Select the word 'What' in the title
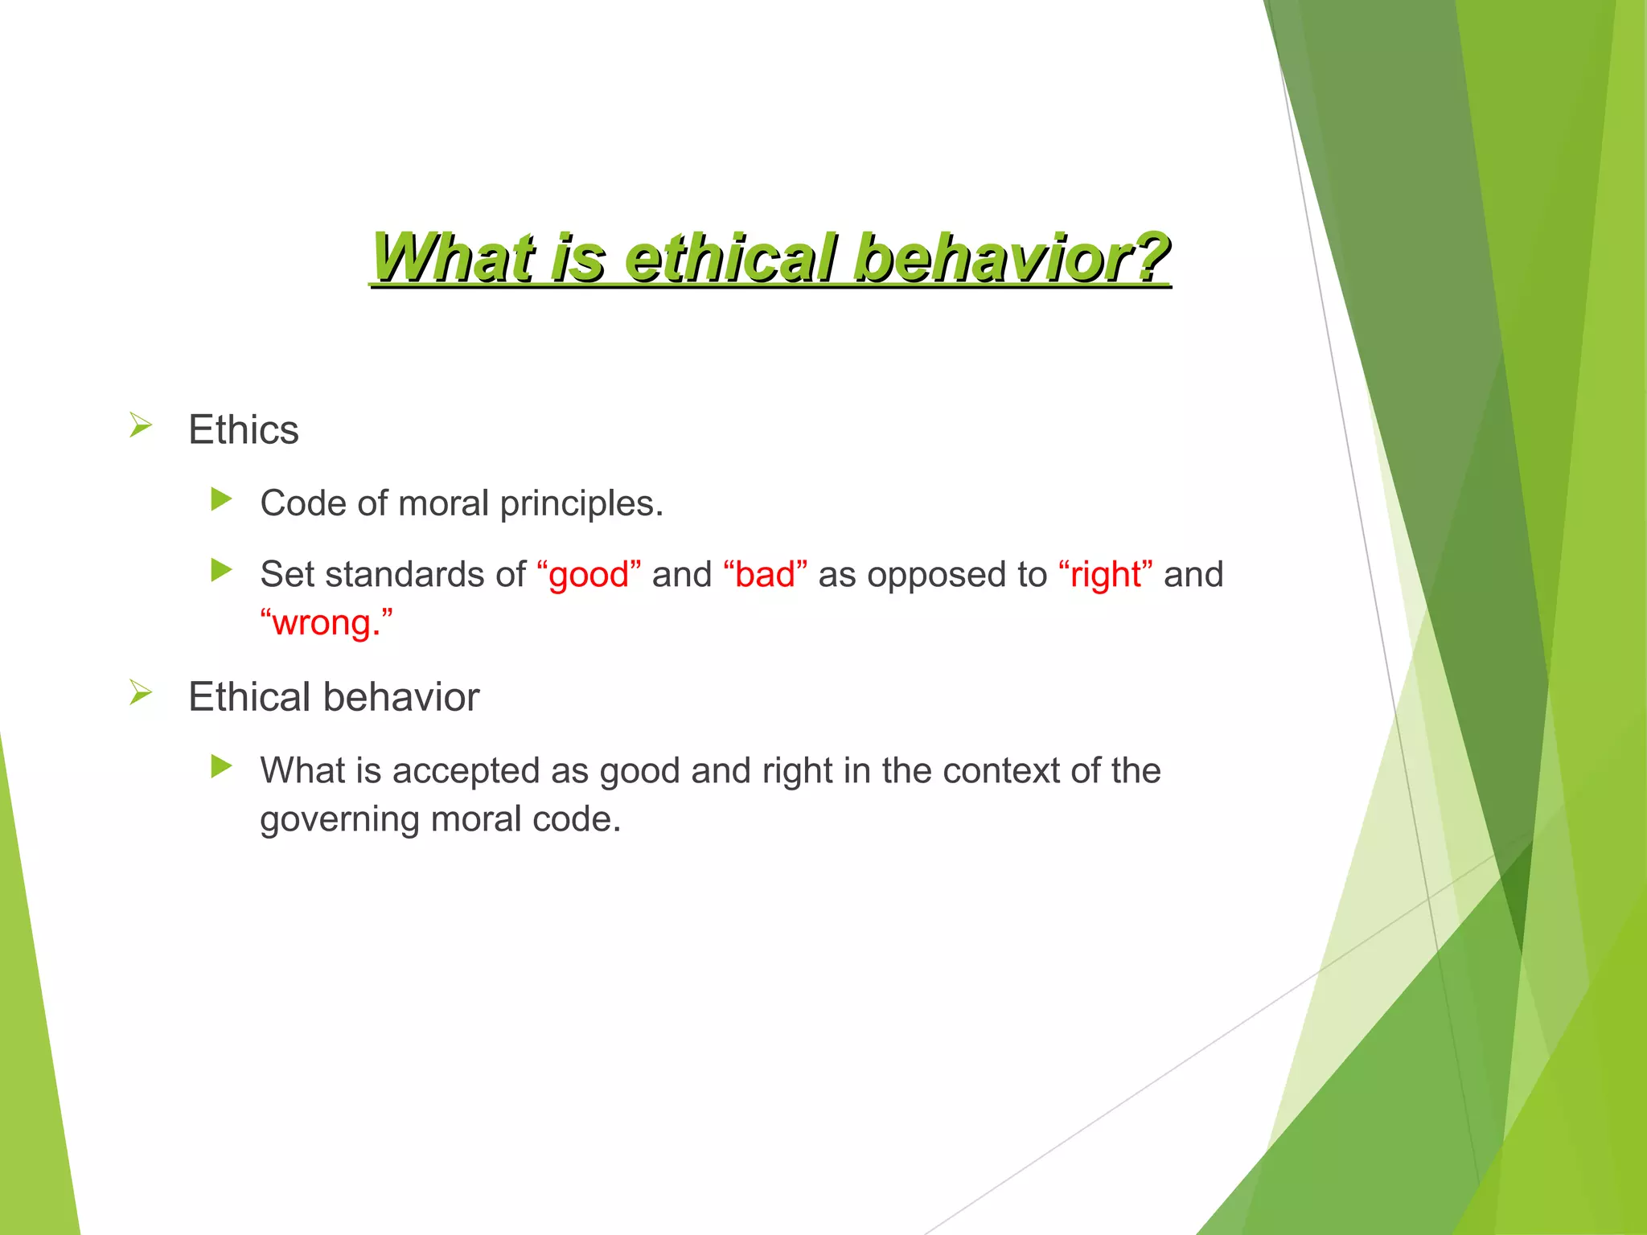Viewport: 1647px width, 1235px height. point(453,257)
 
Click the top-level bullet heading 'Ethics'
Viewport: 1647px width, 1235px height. point(243,429)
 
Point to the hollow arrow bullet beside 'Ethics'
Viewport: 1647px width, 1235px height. point(141,425)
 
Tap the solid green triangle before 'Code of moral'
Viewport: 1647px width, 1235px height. point(221,499)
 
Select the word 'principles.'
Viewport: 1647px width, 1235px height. point(581,504)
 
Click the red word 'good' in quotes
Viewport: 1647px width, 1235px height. point(588,575)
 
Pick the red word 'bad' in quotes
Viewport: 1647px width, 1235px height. point(765,575)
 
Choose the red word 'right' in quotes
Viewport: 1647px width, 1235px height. point(1106,575)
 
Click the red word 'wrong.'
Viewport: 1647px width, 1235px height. point(326,623)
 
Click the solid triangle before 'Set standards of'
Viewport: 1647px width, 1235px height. point(221,570)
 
